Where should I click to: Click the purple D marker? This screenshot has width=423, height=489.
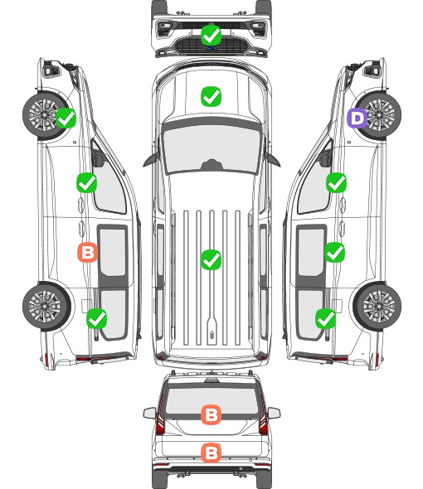pyautogui.click(x=357, y=119)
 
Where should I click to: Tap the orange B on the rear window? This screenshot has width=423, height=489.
pyautogui.click(x=211, y=414)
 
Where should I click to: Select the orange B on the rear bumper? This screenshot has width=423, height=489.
pyautogui.click(x=211, y=453)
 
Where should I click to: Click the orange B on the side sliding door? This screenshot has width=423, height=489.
pyautogui.click(x=87, y=252)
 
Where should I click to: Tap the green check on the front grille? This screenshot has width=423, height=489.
pyautogui.click(x=211, y=36)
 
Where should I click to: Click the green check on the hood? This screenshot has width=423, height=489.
pyautogui.click(x=211, y=96)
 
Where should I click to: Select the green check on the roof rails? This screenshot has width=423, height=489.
pyautogui.click(x=211, y=259)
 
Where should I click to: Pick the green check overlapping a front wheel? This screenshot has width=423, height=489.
pyautogui.click(x=66, y=118)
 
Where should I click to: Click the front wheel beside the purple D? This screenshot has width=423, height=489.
pyautogui.click(x=378, y=115)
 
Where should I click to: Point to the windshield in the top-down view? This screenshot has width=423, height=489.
pyautogui.click(x=211, y=148)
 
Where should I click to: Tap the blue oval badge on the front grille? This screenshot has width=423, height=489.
pyautogui.click(x=211, y=48)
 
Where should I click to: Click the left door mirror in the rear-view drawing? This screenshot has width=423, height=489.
pyautogui.click(x=149, y=414)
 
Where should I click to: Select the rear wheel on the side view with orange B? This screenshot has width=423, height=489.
pyautogui.click(x=46, y=307)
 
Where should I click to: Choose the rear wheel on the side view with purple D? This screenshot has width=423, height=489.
pyautogui.click(x=377, y=307)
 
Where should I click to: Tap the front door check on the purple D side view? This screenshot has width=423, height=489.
pyautogui.click(x=336, y=183)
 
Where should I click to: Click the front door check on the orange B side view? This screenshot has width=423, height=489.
pyautogui.click(x=86, y=182)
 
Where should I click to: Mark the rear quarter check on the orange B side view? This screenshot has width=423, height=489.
pyautogui.click(x=96, y=318)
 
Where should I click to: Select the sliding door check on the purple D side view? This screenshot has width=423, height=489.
pyautogui.click(x=334, y=252)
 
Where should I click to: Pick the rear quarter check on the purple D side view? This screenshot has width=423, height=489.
pyautogui.click(x=326, y=318)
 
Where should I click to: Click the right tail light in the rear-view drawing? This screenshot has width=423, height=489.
pyautogui.click(x=264, y=418)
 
